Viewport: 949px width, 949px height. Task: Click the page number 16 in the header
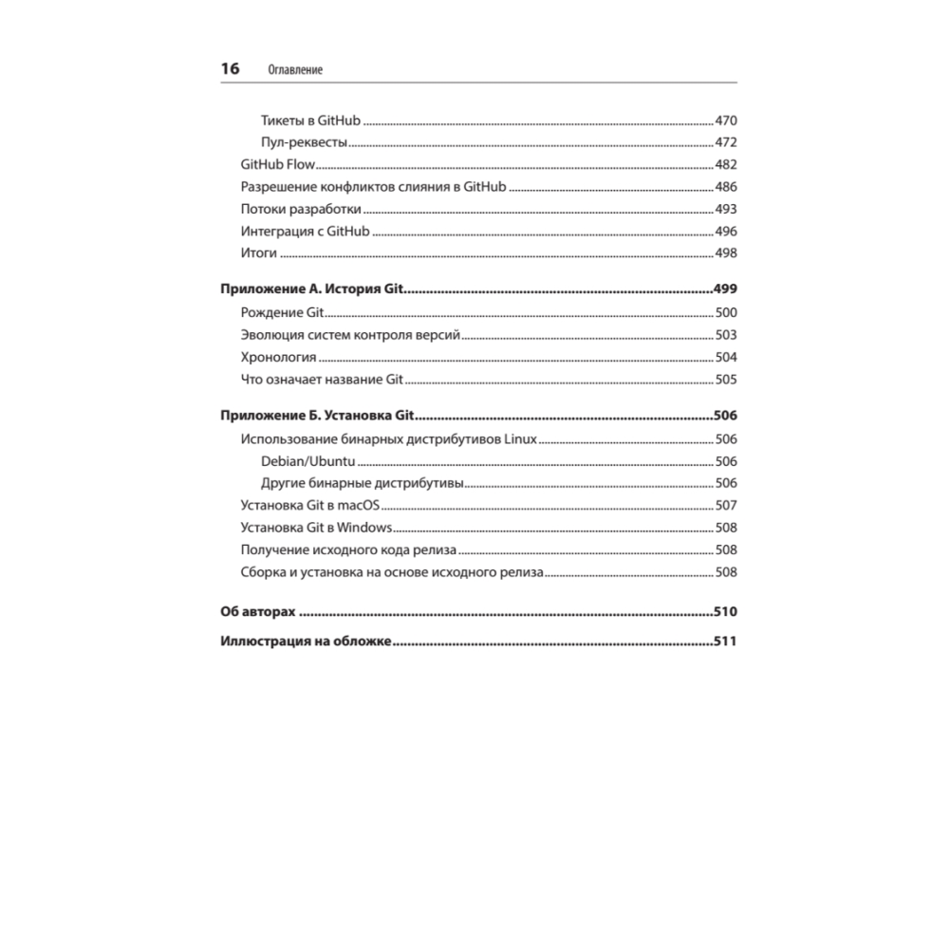coord(230,69)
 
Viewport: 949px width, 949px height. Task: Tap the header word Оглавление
coord(295,70)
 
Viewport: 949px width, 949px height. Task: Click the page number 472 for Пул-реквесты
coord(725,143)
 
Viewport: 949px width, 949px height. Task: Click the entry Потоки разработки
coord(301,209)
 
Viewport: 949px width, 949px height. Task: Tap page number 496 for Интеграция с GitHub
coord(725,232)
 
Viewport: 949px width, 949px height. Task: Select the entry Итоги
coord(258,253)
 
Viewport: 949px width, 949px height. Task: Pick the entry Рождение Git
coord(283,313)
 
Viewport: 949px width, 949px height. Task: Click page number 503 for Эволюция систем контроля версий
coord(725,335)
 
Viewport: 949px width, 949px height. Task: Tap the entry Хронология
coord(278,358)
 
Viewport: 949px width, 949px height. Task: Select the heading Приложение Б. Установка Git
coord(320,417)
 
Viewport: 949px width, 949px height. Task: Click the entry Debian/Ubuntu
coord(307,461)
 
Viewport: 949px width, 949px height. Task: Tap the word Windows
coord(364,528)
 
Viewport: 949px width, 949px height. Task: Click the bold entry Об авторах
coord(258,612)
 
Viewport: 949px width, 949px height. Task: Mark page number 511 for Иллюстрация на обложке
coord(725,642)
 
